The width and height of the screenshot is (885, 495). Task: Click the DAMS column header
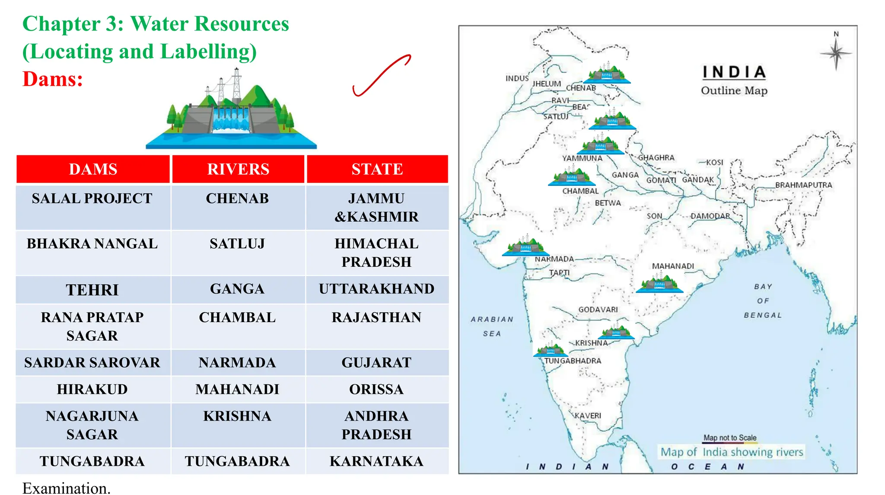click(x=93, y=169)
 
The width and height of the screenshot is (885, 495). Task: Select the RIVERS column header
click(x=238, y=169)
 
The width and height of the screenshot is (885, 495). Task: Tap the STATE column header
click(x=377, y=169)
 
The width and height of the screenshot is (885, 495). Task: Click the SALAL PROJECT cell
click(x=92, y=198)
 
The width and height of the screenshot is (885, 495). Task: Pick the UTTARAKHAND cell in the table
click(x=376, y=289)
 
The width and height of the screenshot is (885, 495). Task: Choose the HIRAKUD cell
click(x=92, y=389)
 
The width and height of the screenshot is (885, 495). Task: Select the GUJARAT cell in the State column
click(x=376, y=362)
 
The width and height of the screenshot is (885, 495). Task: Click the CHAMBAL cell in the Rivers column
click(x=237, y=317)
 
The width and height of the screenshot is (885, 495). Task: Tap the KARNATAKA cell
click(x=376, y=461)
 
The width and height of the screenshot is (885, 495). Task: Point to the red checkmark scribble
click(x=380, y=76)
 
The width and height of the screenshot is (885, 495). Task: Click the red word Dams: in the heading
click(x=53, y=79)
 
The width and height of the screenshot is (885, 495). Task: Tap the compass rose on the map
click(x=836, y=54)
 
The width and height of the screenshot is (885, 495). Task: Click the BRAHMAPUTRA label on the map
click(x=803, y=185)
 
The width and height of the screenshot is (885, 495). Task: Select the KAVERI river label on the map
click(x=588, y=415)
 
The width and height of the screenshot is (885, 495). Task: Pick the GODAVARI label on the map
click(x=598, y=310)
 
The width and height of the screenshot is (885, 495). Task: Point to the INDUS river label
click(x=517, y=78)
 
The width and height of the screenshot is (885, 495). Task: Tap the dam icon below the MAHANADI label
click(x=659, y=283)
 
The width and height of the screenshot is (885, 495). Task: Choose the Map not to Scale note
click(x=730, y=438)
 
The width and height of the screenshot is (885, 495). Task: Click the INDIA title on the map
click(x=734, y=72)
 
